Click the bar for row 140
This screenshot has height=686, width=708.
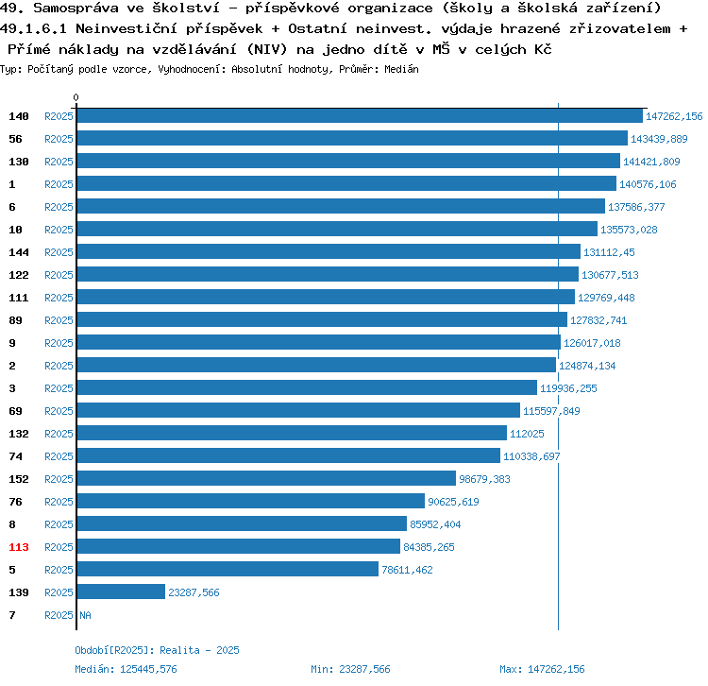[360, 116]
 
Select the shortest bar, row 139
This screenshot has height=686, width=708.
[121, 592]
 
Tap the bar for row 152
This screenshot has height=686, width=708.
[266, 479]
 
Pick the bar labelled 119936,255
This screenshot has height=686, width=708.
[307, 388]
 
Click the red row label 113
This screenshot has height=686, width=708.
[19, 547]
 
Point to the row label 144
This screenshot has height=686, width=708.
[19, 252]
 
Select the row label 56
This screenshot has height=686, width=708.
[16, 139]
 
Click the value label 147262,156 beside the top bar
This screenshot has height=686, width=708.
[674, 116]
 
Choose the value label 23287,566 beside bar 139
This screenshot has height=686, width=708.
[194, 592]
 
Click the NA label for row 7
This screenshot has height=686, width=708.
[85, 615]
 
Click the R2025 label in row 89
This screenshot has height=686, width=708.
[59, 320]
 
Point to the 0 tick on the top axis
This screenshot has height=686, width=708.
[76, 97]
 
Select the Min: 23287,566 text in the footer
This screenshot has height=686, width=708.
[350, 669]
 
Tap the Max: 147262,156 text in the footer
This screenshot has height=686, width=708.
[542, 669]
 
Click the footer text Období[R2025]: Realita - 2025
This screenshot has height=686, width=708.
[157, 650]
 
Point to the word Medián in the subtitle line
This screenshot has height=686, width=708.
[402, 69]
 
